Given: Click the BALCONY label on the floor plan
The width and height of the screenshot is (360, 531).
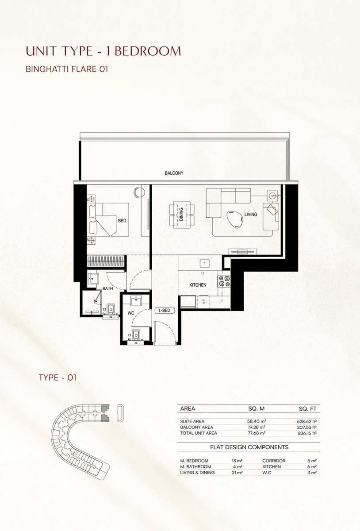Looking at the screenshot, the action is pyautogui.click(x=174, y=173).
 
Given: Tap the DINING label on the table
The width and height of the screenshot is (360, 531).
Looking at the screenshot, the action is pyautogui.click(x=181, y=214).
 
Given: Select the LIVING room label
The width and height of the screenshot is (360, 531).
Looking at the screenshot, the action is pyautogui.click(x=251, y=214).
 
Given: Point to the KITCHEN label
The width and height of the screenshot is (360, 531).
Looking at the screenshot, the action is pyautogui.click(x=198, y=285).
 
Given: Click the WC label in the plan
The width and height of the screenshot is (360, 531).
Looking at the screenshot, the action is pyautogui.click(x=131, y=313).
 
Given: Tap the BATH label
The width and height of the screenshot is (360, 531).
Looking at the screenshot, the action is pyautogui.click(x=107, y=289).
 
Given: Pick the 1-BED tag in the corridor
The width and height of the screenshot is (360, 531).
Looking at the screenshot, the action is pyautogui.click(x=164, y=310).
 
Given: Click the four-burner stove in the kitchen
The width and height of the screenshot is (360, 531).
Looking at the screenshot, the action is pyautogui.click(x=224, y=281).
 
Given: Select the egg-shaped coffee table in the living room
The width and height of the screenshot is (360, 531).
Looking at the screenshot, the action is pyautogui.click(x=235, y=220).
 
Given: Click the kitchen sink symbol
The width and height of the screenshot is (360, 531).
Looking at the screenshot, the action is pyautogui.click(x=204, y=263).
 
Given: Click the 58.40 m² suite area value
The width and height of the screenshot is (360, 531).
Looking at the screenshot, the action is pyautogui.click(x=257, y=421).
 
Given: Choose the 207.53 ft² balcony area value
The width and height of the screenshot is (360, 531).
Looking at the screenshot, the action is pyautogui.click(x=306, y=427).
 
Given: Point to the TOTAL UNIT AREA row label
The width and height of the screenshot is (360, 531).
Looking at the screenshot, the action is pyautogui.click(x=199, y=433).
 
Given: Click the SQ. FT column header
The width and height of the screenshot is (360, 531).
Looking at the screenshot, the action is pyautogui.click(x=308, y=409).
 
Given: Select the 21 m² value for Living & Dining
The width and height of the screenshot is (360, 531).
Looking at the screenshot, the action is pyautogui.click(x=237, y=473).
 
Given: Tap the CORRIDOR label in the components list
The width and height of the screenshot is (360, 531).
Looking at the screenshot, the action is pyautogui.click(x=274, y=461).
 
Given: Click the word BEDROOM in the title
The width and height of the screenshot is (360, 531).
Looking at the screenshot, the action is pyautogui.click(x=148, y=51).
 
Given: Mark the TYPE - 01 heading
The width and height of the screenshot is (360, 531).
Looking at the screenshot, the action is pyautogui.click(x=57, y=377).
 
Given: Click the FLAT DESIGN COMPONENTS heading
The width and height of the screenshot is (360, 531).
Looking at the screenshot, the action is pyautogui.click(x=249, y=447).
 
